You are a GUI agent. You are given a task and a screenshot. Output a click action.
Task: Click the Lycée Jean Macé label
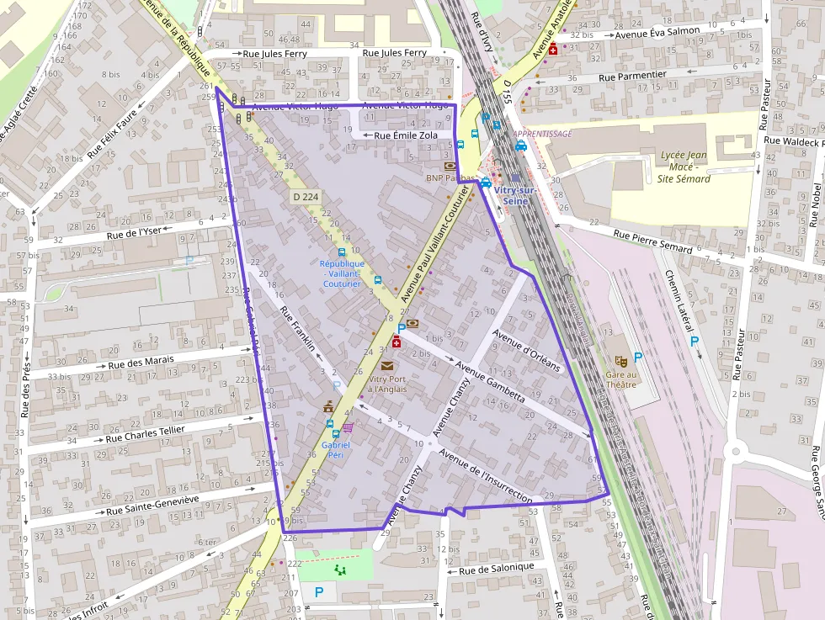click(x=683, y=167)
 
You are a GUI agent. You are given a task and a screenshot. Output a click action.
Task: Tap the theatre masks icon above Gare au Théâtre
click(x=621, y=361)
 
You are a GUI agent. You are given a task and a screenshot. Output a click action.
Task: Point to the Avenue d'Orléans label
click(x=526, y=354)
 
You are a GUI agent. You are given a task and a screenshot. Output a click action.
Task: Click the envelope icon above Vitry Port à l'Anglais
click(x=386, y=366)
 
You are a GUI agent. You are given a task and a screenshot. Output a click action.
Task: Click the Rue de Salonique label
click(x=497, y=568)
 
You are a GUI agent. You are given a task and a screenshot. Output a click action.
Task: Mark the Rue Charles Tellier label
click(x=145, y=433)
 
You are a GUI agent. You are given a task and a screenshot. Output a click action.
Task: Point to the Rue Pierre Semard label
click(x=652, y=241)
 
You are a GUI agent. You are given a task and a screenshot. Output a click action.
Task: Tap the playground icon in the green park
click(x=340, y=570)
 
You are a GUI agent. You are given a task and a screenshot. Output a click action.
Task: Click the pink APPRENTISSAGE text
click(x=542, y=134)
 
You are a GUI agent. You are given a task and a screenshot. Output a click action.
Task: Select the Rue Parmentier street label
click(x=632, y=76)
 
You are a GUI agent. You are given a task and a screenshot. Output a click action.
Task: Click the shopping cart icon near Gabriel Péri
click(x=348, y=428)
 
